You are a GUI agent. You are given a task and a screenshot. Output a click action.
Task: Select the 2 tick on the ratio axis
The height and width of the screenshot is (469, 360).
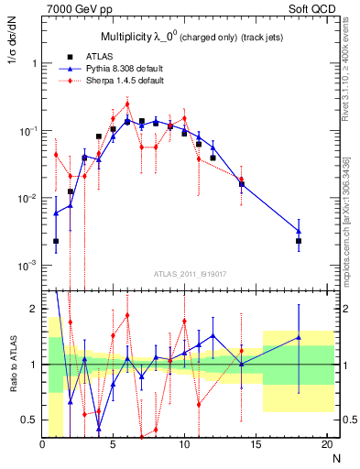[x=33, y=309]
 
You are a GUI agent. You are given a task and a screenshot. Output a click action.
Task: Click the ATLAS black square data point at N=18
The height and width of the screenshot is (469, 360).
[x=299, y=241]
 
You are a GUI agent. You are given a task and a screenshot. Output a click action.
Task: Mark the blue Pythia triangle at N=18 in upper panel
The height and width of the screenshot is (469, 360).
[x=299, y=232]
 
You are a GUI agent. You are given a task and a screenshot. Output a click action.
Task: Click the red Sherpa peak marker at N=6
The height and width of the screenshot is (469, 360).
[x=127, y=104]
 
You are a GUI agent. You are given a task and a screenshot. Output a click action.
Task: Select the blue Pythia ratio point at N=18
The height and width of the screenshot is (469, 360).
[x=299, y=337]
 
